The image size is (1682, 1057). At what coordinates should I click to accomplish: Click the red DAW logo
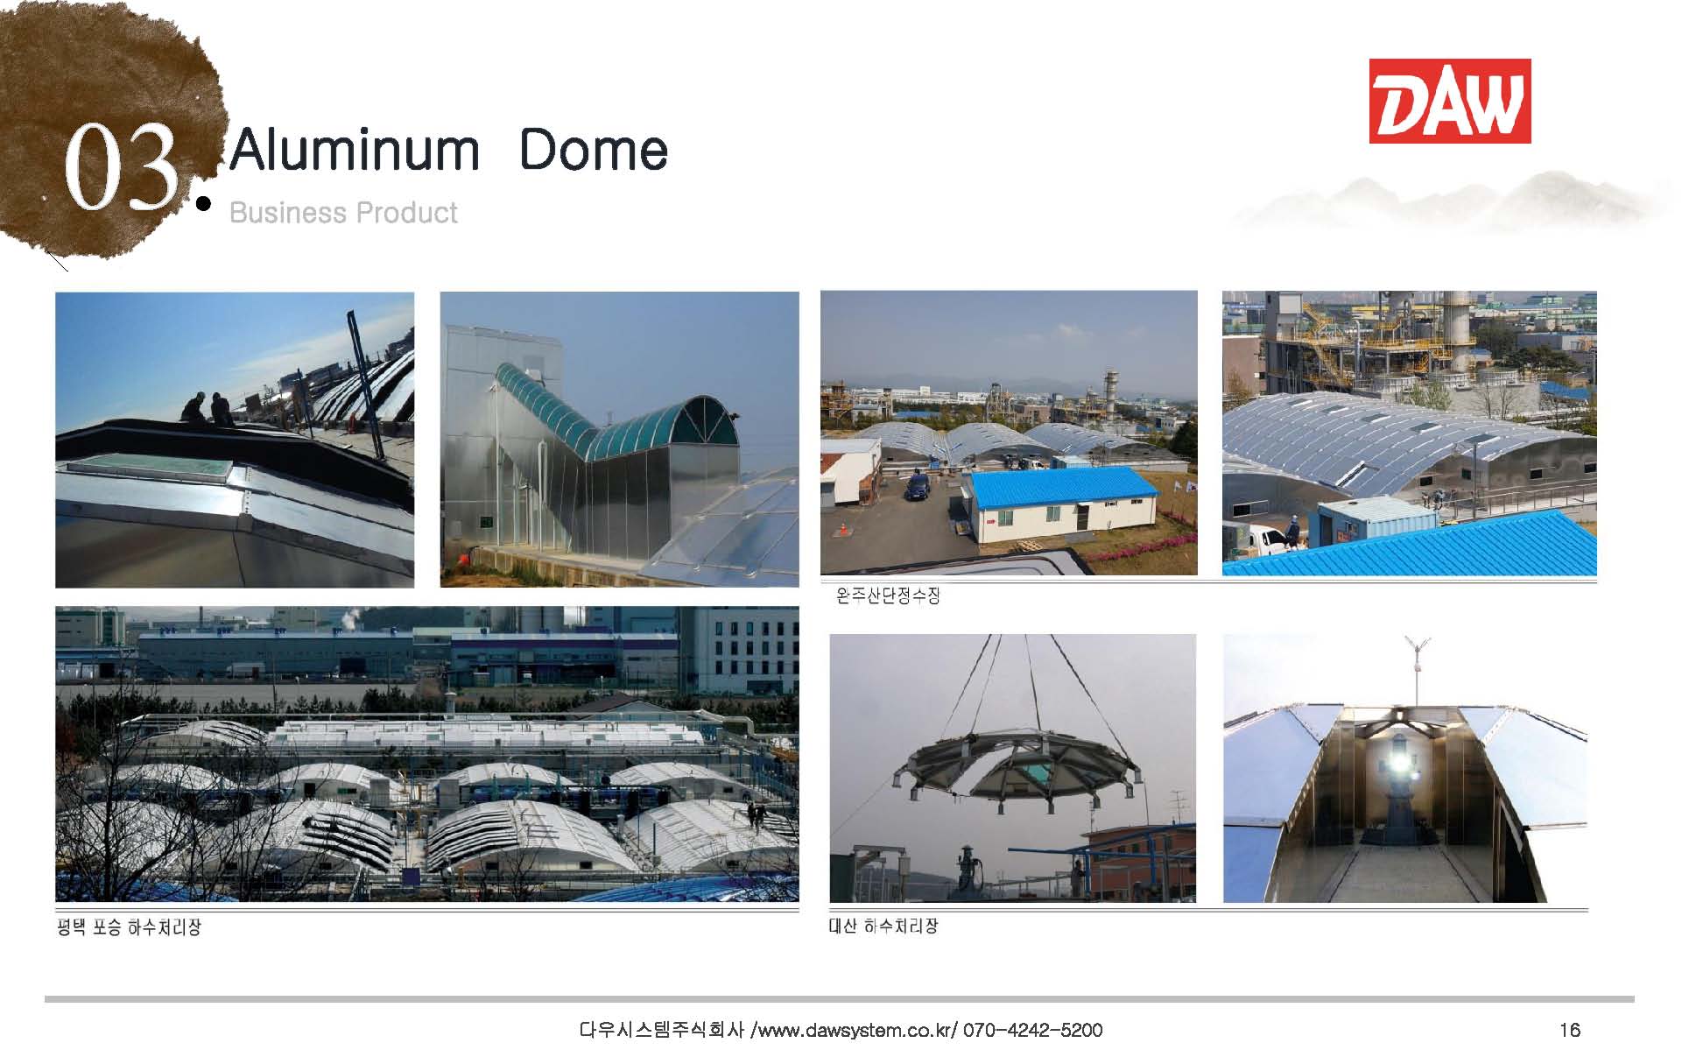[1449, 101]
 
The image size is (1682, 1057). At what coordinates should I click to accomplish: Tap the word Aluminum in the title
[355, 150]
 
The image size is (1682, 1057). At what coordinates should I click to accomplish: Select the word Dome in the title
[594, 150]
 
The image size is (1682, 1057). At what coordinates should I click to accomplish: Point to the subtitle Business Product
[343, 213]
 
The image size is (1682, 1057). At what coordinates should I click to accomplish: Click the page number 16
[1570, 1030]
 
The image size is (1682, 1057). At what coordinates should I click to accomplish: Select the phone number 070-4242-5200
[1032, 1030]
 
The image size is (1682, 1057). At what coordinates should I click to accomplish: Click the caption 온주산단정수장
[887, 596]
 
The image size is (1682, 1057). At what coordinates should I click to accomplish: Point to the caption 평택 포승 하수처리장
[129, 927]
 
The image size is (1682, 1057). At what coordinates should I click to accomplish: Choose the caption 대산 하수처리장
[883, 926]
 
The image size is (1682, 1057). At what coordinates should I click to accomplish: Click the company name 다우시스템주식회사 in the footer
[662, 1030]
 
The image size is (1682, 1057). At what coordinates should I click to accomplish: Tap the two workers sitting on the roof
[208, 409]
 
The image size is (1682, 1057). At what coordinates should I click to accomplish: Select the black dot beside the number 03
[204, 204]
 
